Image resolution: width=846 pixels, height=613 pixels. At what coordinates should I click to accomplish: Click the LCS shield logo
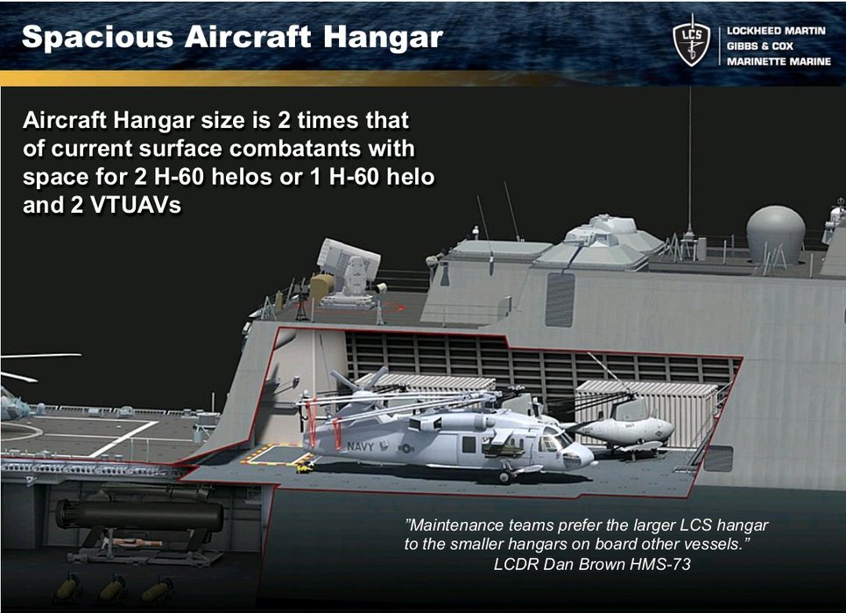pos(692,41)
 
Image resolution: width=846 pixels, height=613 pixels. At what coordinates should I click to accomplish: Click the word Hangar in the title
pos(383,38)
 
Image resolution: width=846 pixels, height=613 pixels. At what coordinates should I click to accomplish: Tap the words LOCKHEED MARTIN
pos(776,31)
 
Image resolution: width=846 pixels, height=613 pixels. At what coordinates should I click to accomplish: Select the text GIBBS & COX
pos(759,46)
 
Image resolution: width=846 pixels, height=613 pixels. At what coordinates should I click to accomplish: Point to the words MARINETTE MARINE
pos(779,61)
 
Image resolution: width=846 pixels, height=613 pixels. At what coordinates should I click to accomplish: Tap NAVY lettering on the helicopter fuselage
pos(360,447)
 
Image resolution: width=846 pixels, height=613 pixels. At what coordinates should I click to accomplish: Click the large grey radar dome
pos(775,233)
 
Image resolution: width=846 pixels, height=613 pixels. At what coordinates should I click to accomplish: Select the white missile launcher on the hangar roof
pos(349,272)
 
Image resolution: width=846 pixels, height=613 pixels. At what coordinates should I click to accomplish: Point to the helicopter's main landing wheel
pos(505,476)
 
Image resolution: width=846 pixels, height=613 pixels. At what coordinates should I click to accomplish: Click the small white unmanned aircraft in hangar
pos(626,430)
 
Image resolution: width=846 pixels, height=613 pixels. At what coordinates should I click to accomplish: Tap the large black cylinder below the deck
pos(140,515)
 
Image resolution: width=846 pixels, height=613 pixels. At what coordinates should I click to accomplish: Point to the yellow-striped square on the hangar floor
pos(277,454)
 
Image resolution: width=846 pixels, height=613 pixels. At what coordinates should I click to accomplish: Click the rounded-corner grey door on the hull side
pos(560,299)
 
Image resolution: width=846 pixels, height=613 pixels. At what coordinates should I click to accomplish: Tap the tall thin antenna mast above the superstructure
pos(689,161)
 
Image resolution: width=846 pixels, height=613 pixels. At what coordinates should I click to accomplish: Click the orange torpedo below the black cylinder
pos(133,542)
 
